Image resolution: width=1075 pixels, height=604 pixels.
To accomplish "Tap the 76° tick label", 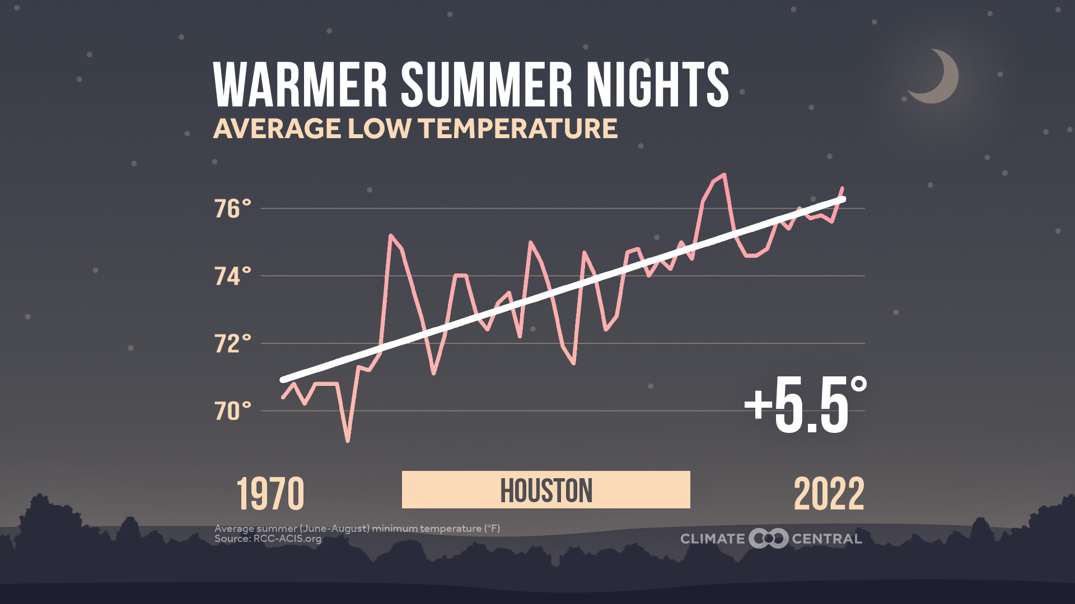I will click(232, 209).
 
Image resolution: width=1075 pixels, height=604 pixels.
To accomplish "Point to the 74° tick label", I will click(232, 276).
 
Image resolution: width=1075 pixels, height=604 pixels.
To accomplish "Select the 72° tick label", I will click(232, 343).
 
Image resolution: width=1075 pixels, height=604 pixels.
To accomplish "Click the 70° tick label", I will click(232, 411).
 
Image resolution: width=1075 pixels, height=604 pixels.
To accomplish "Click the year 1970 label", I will click(270, 494).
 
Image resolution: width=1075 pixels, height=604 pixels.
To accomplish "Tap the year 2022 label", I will click(829, 494).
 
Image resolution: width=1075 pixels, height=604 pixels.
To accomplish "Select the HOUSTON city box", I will click(546, 490).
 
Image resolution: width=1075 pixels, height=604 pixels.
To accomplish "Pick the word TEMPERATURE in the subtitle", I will click(518, 129).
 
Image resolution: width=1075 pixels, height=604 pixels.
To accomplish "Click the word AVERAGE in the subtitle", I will click(277, 129).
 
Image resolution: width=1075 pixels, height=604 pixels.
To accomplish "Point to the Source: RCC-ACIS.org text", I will click(268, 539).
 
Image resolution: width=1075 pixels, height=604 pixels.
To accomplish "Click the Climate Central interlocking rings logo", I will click(768, 539).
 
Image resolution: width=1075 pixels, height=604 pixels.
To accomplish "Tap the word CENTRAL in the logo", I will click(826, 539).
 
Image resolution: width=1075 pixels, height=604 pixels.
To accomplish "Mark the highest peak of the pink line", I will click(725, 174).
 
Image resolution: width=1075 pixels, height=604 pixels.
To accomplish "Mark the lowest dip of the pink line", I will click(348, 441).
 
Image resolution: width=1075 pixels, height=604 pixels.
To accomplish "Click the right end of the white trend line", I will click(843, 199).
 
